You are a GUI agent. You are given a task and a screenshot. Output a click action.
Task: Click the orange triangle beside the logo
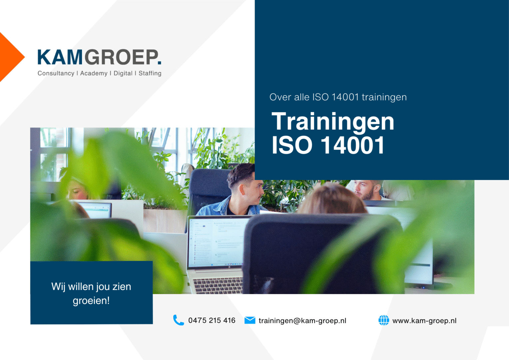coord(10,57)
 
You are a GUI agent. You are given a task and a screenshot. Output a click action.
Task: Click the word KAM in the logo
coord(60,57)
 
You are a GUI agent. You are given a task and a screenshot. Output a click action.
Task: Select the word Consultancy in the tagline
coord(56,73)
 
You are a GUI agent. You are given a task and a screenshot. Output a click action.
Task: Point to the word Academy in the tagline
coord(94,73)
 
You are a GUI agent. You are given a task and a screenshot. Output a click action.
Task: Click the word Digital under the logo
coord(123,73)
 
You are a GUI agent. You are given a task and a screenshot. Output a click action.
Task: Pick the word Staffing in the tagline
coord(150,73)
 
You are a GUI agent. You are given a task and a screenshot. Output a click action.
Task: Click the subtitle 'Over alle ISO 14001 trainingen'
coord(338,97)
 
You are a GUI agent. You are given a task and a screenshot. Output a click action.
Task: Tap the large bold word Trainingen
coord(333,122)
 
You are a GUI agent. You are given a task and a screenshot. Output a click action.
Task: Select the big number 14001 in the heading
coord(353,145)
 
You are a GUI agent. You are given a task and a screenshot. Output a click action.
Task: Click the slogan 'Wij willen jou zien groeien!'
coord(91,293)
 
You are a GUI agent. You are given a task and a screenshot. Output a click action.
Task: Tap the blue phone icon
coord(178,320)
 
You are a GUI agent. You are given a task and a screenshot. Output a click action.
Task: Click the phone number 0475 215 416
coord(212,320)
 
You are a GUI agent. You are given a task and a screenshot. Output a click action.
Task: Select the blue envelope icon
coord(250,320)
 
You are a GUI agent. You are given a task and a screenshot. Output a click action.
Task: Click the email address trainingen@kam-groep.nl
coord(302,321)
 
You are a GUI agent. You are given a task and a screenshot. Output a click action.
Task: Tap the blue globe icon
coord(384,320)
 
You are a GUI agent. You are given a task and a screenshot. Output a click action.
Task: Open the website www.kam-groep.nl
coord(424,321)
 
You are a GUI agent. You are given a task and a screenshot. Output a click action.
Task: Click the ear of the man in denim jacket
coord(242,189)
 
